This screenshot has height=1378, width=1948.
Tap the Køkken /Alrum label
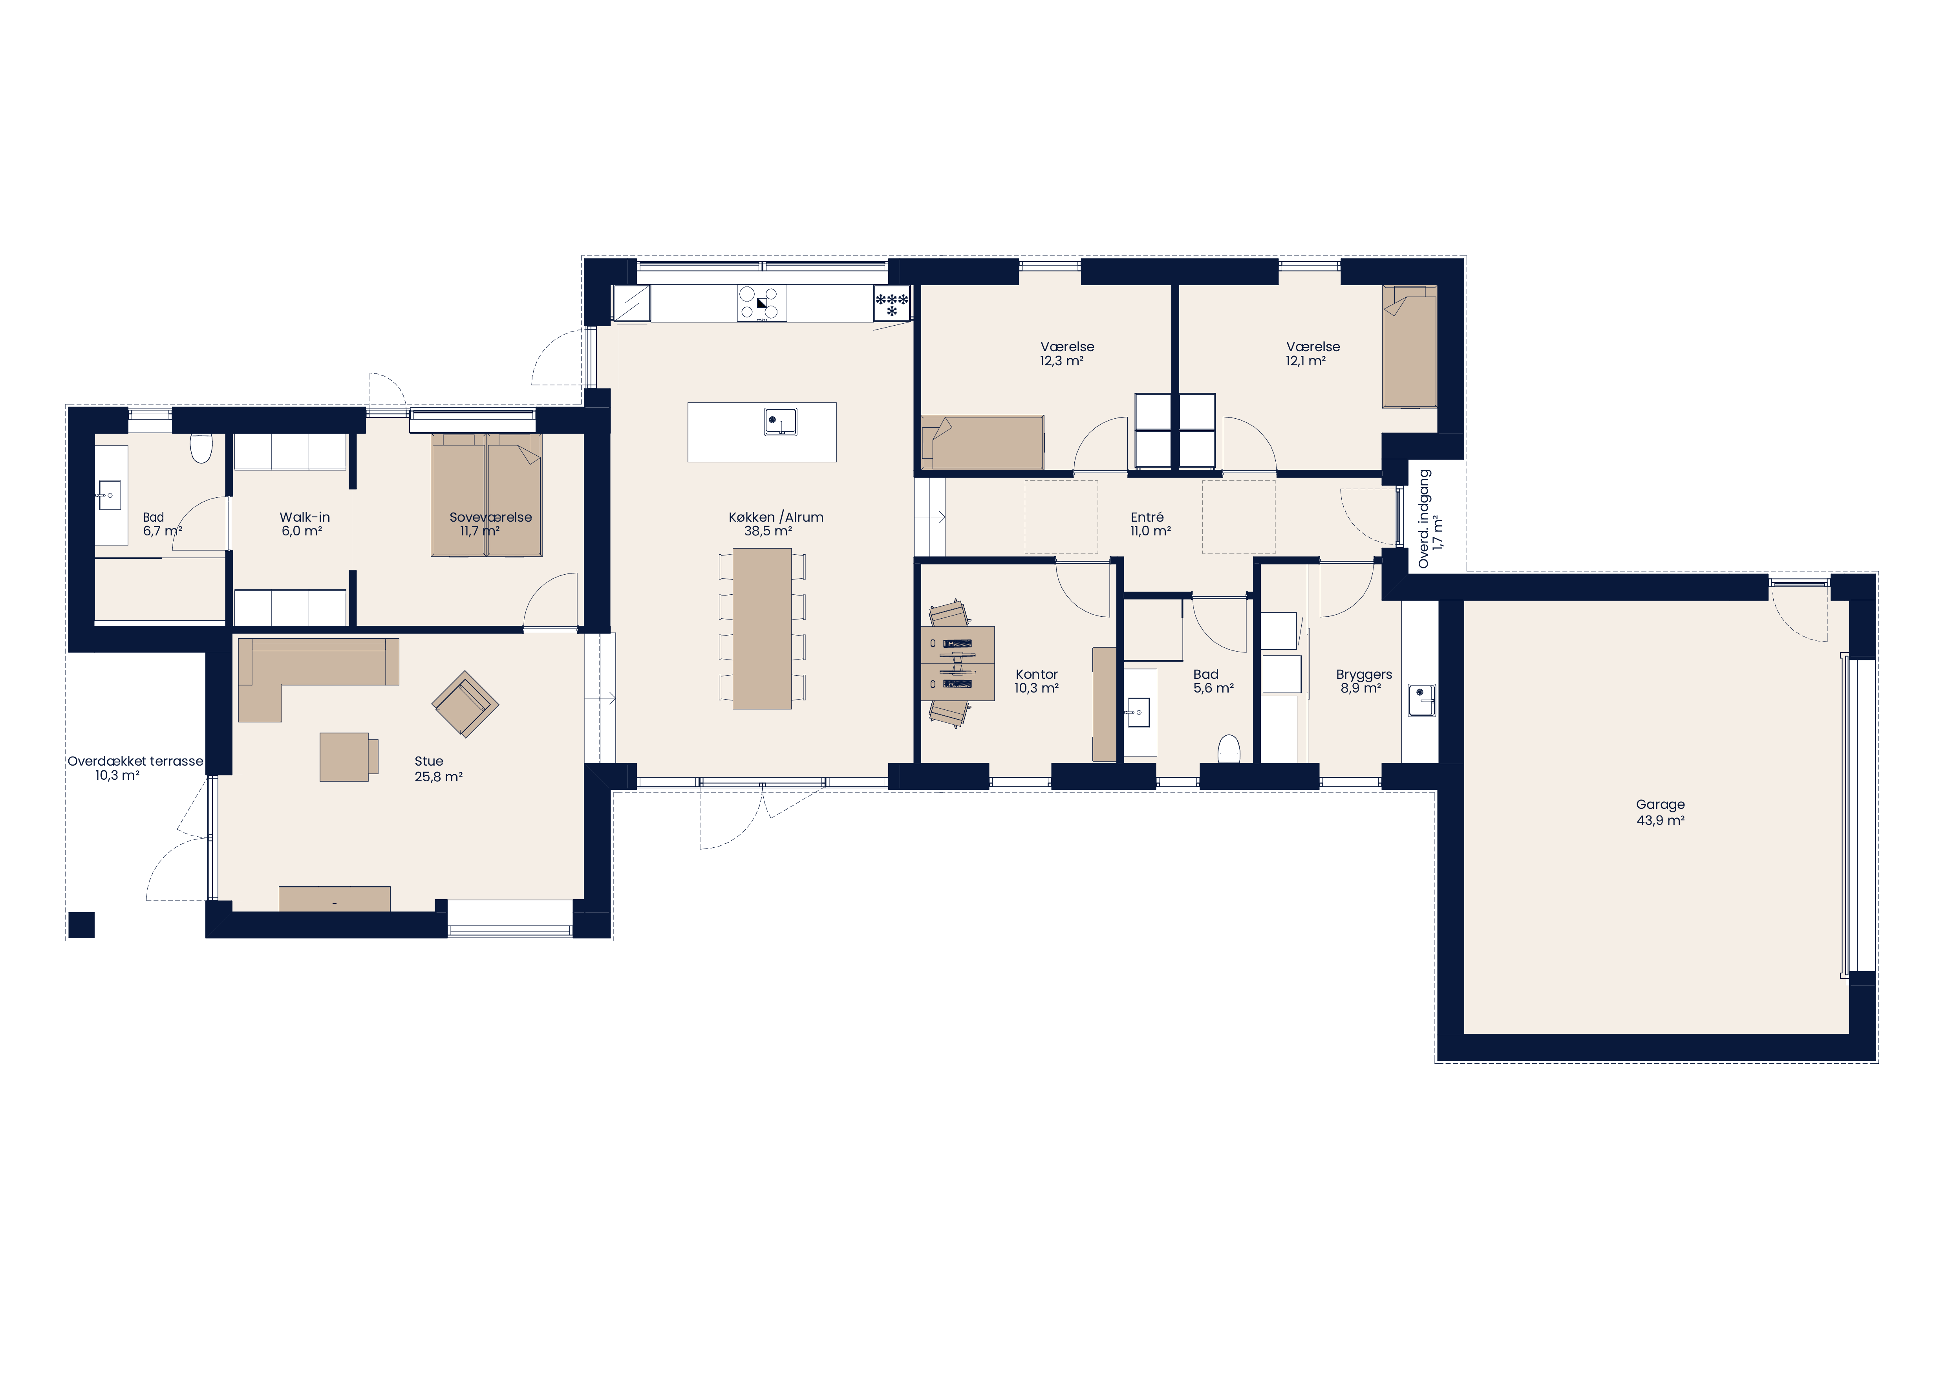coord(776,517)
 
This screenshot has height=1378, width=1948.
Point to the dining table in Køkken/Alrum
coord(762,629)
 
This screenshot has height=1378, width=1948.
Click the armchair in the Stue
coord(465,704)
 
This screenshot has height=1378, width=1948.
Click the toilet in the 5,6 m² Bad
coord(1229,749)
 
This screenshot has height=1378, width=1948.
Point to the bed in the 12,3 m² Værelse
coord(982,442)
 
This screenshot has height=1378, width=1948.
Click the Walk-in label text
coord(305,517)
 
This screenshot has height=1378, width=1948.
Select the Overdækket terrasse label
coord(136,761)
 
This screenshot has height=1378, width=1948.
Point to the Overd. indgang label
coord(1425,519)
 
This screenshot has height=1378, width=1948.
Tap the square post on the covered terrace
coord(81,925)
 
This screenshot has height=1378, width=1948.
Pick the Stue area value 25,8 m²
coord(439,776)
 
